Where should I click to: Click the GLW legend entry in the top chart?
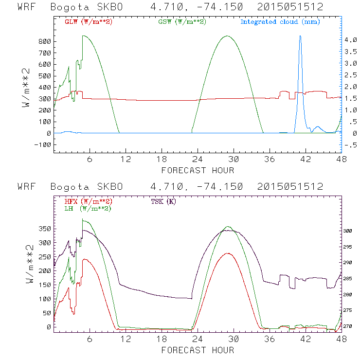[86, 22]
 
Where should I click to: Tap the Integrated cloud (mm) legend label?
[280, 22]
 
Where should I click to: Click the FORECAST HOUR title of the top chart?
[198, 170]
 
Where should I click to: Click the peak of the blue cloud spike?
[300, 36]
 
